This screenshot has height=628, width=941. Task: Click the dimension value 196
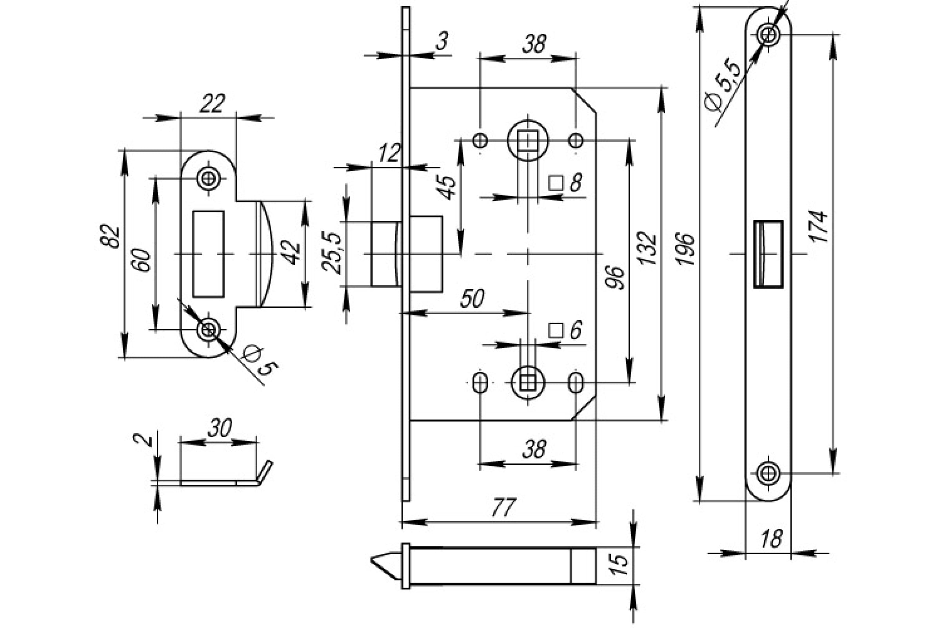click(x=685, y=248)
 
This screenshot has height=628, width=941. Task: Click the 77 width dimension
click(x=504, y=508)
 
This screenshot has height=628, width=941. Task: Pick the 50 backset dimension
click(x=472, y=298)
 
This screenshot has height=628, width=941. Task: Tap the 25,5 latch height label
click(x=332, y=253)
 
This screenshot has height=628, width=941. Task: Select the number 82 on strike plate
click(x=111, y=236)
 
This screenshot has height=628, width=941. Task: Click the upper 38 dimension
click(x=534, y=44)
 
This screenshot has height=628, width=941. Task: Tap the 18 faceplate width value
click(x=770, y=539)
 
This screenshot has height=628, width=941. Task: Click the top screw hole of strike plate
click(x=208, y=178)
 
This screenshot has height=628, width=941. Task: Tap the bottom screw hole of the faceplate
click(x=768, y=474)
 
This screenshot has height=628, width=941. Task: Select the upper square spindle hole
click(x=528, y=141)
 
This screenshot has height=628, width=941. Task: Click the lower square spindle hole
click(x=528, y=382)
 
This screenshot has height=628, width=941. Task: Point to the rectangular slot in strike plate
click(x=208, y=254)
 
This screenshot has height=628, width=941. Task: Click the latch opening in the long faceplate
click(x=768, y=254)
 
